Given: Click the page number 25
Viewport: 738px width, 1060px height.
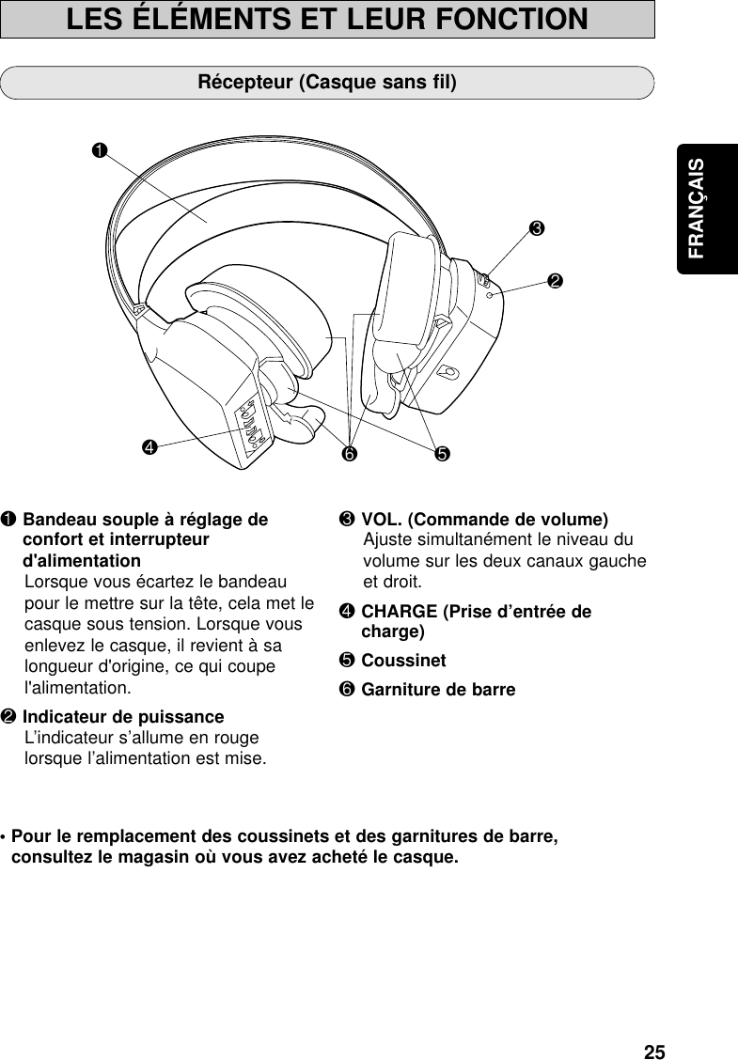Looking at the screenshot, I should (654, 1051).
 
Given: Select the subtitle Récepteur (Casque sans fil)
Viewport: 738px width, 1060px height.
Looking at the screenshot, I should (327, 82).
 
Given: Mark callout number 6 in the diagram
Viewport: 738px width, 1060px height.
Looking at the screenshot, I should (349, 455).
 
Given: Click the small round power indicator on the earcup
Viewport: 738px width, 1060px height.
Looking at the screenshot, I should (493, 295).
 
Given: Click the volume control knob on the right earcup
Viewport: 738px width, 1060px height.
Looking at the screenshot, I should (483, 280).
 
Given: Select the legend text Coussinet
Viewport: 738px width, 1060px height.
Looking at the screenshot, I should (403, 661).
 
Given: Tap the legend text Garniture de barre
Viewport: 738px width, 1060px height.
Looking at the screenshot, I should (438, 691).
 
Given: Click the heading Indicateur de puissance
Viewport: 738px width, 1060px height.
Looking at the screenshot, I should (123, 718).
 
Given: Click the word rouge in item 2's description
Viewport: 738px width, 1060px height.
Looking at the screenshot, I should (236, 738).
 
